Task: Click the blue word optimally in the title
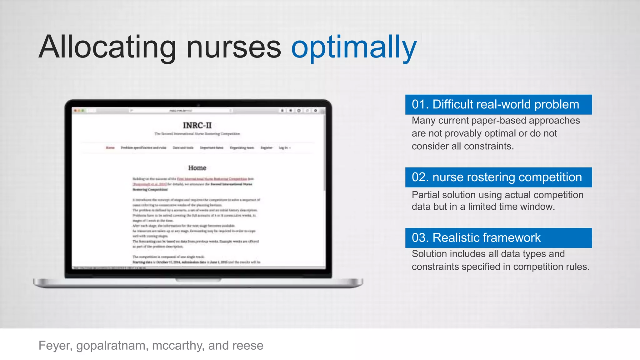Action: coord(354,47)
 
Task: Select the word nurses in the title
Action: coord(234,47)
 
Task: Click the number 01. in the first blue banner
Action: coord(420,104)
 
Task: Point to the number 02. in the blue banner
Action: coord(420,177)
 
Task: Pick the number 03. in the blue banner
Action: coord(420,238)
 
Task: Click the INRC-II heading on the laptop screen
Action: coord(197,125)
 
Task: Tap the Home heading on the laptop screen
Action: coord(197,168)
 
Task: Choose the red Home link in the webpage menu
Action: coord(110,148)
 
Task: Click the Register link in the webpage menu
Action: coord(266,148)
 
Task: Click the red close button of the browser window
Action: coord(75,111)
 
